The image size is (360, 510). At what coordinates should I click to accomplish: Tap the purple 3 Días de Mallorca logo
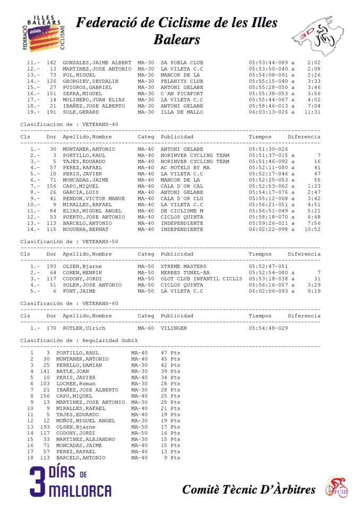tap(70, 482)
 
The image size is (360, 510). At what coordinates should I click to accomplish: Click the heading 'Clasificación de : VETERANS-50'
tap(69, 242)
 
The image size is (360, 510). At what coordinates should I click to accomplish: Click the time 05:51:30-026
tap(268, 149)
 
